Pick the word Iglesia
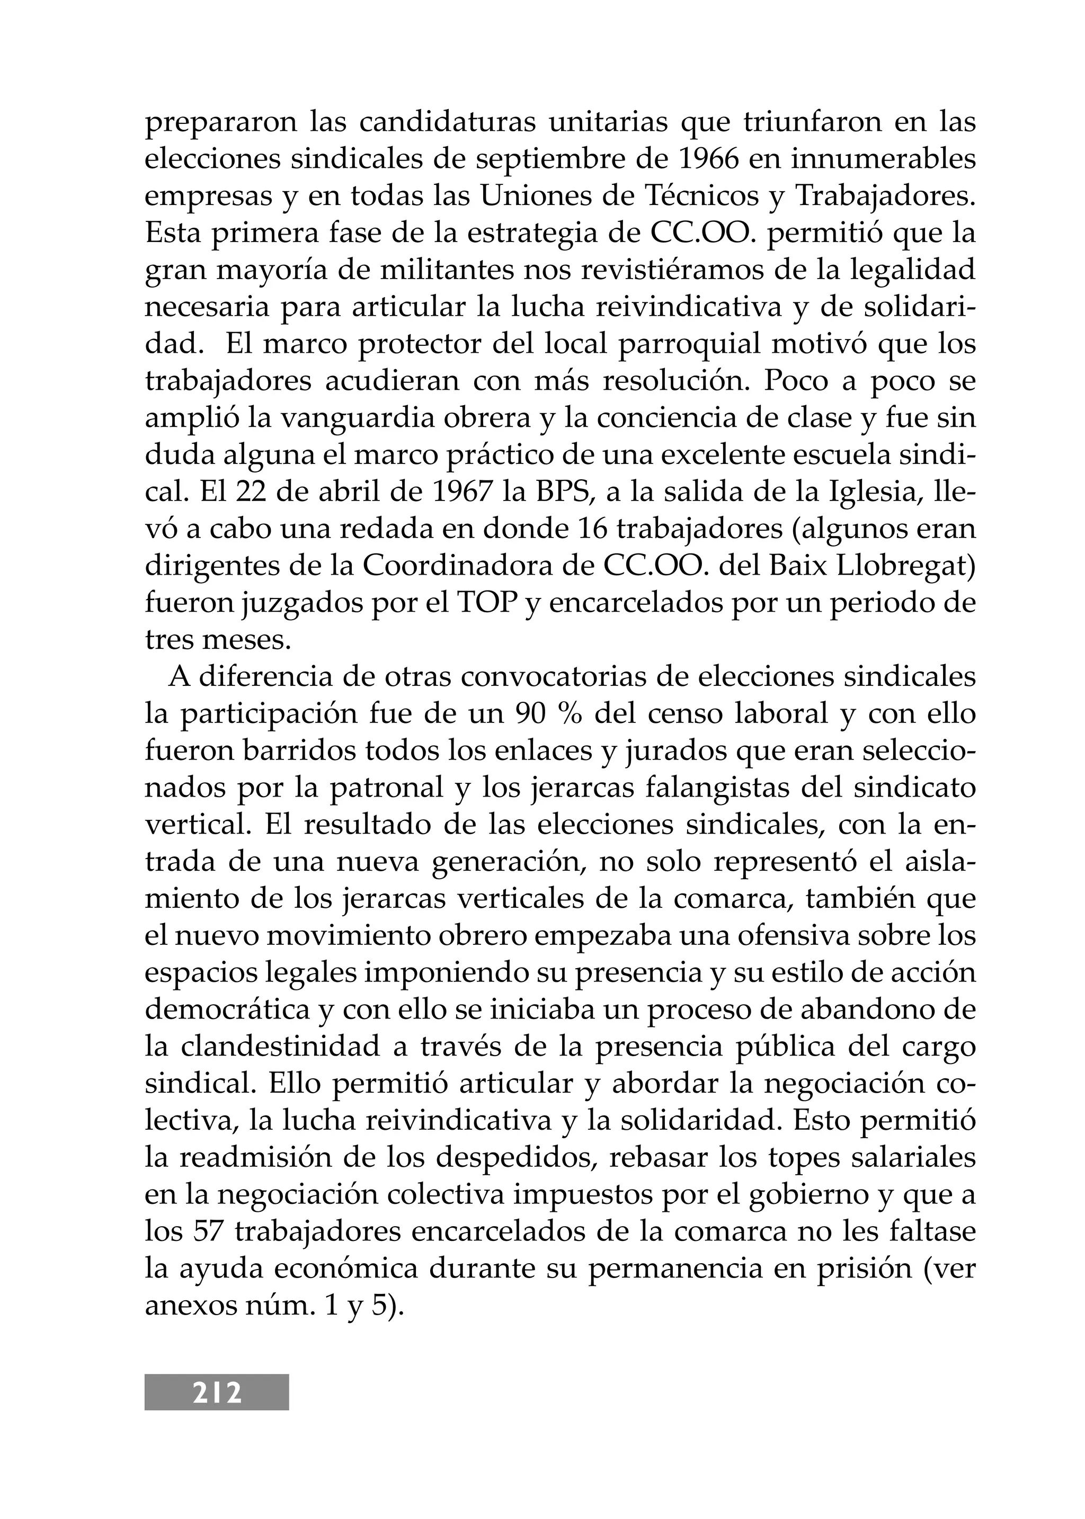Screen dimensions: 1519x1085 coord(875,493)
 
